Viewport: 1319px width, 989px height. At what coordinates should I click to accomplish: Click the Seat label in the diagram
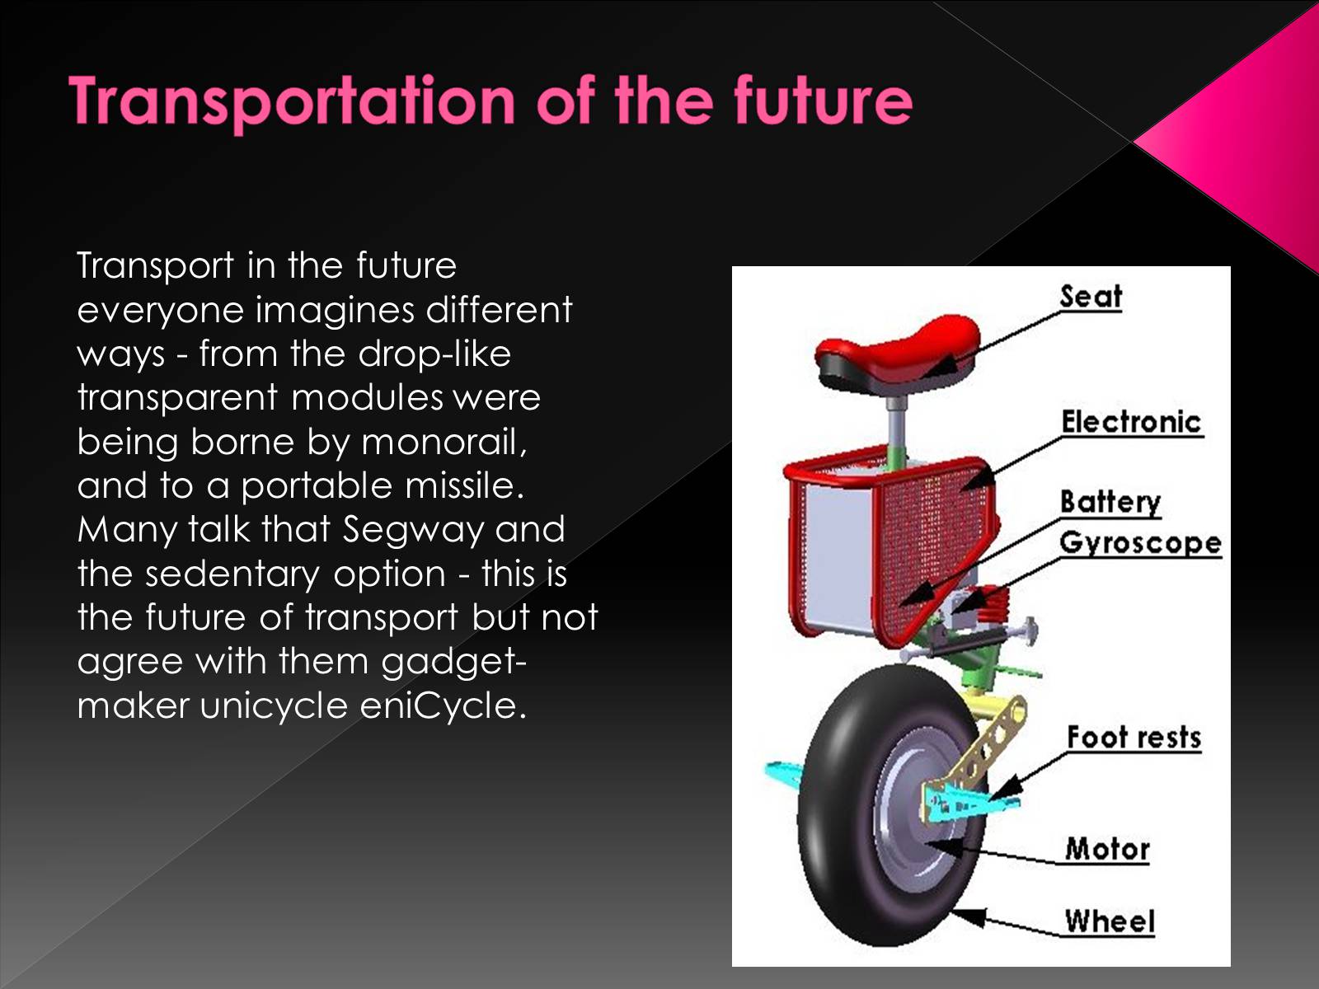(x=1091, y=297)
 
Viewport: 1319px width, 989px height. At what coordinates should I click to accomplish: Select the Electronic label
(x=1132, y=421)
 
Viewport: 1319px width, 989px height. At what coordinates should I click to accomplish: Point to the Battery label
(x=1110, y=503)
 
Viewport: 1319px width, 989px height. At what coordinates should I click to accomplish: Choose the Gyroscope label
(x=1141, y=543)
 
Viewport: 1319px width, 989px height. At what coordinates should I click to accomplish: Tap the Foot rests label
(x=1134, y=738)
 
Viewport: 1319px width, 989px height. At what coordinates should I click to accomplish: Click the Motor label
(x=1107, y=849)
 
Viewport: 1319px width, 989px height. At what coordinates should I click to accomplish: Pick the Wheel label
(x=1110, y=921)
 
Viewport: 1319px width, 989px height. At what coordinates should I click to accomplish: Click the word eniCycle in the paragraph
(x=443, y=705)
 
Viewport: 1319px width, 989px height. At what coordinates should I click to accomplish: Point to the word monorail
(x=444, y=442)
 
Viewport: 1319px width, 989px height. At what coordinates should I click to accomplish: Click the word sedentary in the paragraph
(x=232, y=574)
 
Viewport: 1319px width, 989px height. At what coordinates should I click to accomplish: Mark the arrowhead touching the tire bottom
(x=968, y=916)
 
